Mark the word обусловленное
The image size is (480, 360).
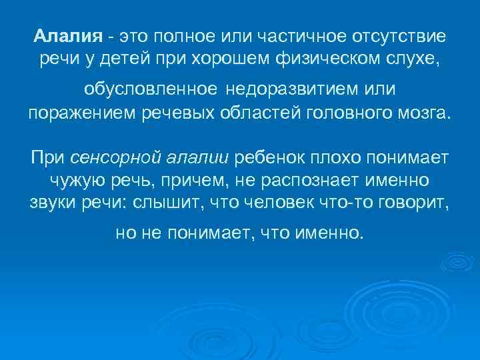coord(150,89)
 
